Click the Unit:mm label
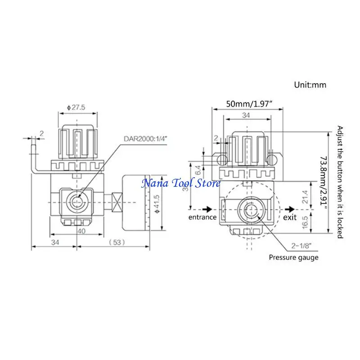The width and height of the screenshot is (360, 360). pyautogui.click(x=310, y=84)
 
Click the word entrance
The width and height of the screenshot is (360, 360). pyautogui.click(x=202, y=217)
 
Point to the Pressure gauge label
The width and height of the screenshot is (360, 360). pyautogui.click(x=294, y=257)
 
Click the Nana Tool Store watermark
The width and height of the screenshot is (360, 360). pyautogui.click(x=181, y=183)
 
